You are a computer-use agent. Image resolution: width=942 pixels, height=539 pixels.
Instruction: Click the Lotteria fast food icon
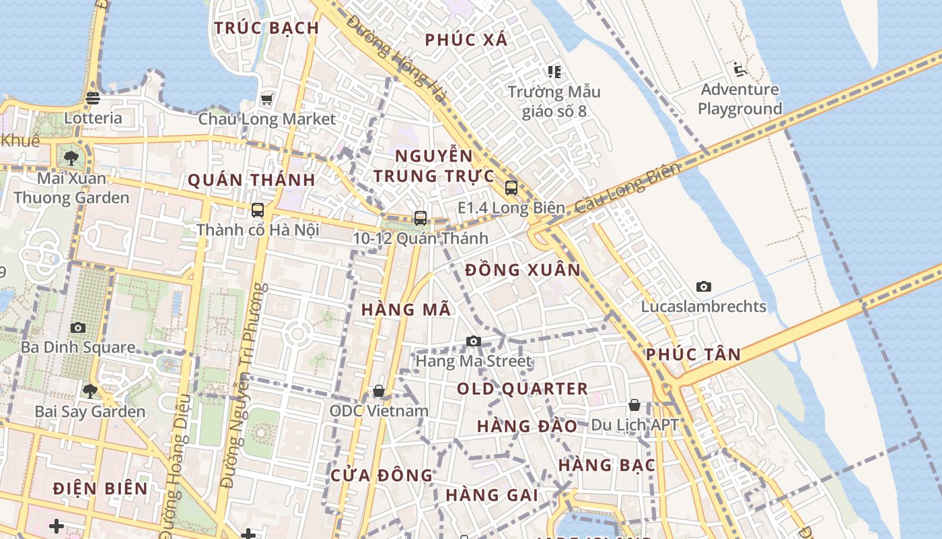(93, 98)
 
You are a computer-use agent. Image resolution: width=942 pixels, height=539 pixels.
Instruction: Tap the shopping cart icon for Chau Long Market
(266, 100)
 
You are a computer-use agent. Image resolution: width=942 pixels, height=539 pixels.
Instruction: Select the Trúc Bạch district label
(266, 28)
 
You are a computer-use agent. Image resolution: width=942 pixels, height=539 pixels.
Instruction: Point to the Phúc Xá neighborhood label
(466, 40)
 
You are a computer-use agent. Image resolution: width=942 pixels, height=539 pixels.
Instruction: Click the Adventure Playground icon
(740, 69)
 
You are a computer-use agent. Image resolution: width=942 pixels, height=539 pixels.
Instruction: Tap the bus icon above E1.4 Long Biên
(511, 188)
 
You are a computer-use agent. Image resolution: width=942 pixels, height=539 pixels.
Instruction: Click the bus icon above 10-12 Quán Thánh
(421, 218)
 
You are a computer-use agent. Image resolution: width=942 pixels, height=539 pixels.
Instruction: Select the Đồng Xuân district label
(523, 270)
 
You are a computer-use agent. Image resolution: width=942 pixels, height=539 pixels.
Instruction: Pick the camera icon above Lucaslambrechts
(704, 287)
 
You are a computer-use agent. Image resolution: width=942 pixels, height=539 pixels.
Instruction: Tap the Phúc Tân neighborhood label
(693, 354)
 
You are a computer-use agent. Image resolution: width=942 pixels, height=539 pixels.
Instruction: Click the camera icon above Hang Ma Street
(474, 342)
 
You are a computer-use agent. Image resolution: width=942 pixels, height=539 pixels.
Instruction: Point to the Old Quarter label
(523, 389)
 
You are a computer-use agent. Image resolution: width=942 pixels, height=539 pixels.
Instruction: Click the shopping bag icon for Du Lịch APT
(635, 405)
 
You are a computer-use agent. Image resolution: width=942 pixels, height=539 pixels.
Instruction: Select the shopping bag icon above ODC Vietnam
(379, 391)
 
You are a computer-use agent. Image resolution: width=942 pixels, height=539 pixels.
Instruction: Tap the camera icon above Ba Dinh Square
(78, 328)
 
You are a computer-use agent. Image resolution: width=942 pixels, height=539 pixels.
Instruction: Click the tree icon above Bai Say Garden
(89, 391)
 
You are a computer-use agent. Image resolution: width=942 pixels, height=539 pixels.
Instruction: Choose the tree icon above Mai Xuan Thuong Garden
(71, 159)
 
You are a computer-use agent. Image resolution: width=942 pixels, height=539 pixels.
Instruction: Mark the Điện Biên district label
(100, 488)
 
